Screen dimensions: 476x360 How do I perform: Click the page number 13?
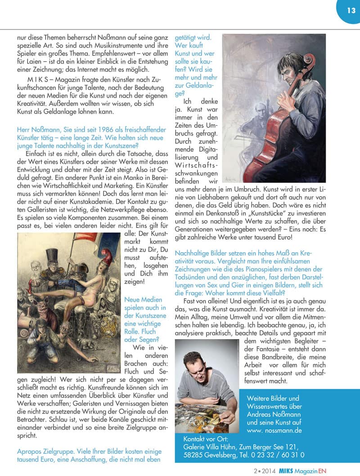pyautogui.click(x=351, y=9)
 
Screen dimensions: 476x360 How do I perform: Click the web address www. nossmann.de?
pyautogui.click(x=274, y=431)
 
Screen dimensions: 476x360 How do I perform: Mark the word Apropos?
pyautogui.click(x=30, y=451)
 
